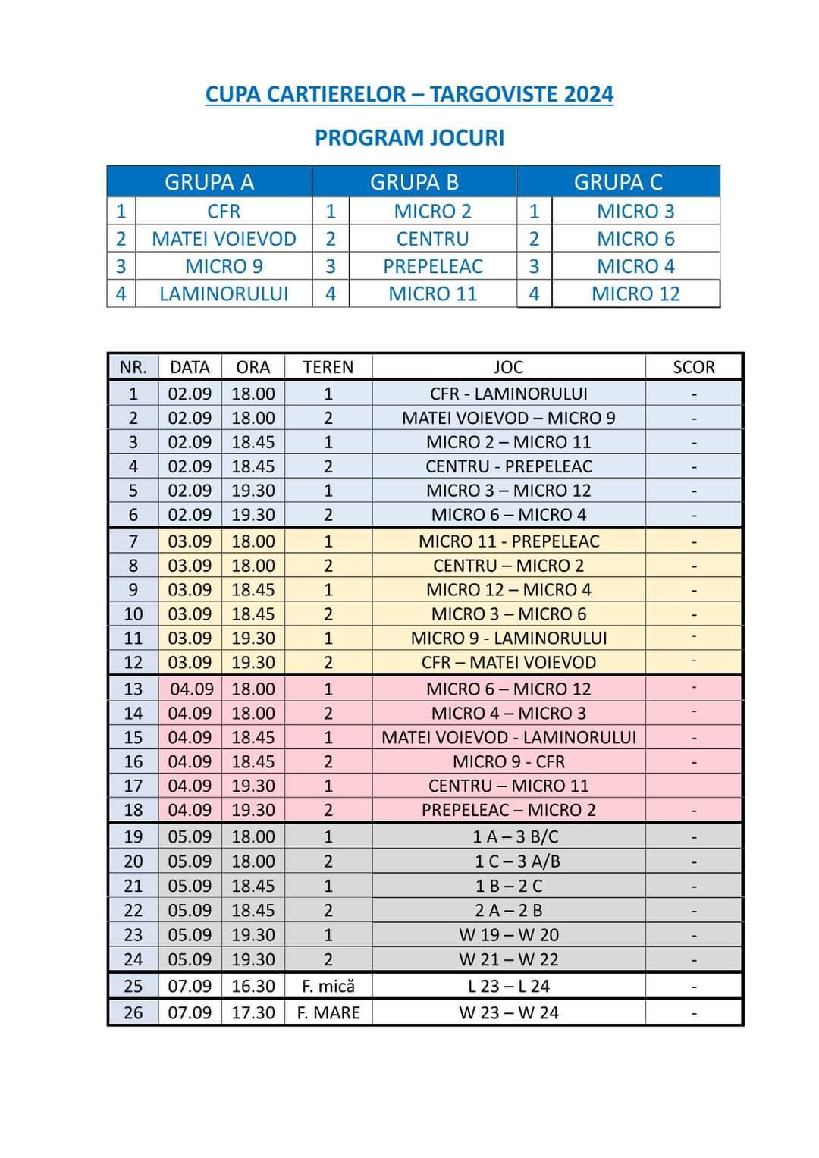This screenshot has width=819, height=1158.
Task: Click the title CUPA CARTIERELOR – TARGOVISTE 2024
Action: click(409, 95)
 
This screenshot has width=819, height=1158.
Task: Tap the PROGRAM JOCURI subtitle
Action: click(409, 138)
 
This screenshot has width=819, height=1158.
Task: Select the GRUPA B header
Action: click(414, 182)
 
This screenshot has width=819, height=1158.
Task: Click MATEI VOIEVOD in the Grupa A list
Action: click(224, 239)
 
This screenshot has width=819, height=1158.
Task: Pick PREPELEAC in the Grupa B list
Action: click(432, 266)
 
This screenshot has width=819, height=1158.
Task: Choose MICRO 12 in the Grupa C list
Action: click(635, 293)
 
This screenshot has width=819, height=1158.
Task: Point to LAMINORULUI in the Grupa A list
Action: click(224, 293)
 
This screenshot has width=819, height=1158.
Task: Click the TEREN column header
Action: click(328, 367)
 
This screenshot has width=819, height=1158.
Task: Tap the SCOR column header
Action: click(693, 367)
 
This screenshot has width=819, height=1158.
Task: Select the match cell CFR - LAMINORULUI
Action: click(508, 394)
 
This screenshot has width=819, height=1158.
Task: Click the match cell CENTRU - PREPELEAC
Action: click(508, 466)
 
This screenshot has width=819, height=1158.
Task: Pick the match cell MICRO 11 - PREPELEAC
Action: click(508, 541)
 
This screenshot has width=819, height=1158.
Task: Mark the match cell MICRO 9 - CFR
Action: click(508, 761)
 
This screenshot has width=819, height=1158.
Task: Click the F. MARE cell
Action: click(328, 1012)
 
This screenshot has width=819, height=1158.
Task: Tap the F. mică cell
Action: click(328, 986)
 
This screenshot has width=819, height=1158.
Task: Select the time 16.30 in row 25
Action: click(253, 986)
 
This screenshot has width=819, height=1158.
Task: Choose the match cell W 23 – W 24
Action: click(508, 1012)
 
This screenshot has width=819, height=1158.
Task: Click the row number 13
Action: click(133, 689)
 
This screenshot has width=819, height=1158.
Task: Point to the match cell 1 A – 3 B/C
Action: click(508, 836)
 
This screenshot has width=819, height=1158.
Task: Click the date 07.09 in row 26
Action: click(190, 1012)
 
